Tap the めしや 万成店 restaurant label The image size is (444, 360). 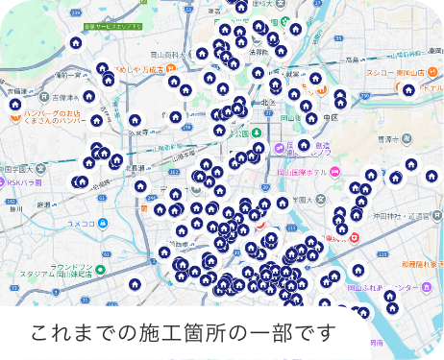pyautogui.click(x=141, y=70)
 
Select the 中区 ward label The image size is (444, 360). pyautogui.click(x=331, y=117)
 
